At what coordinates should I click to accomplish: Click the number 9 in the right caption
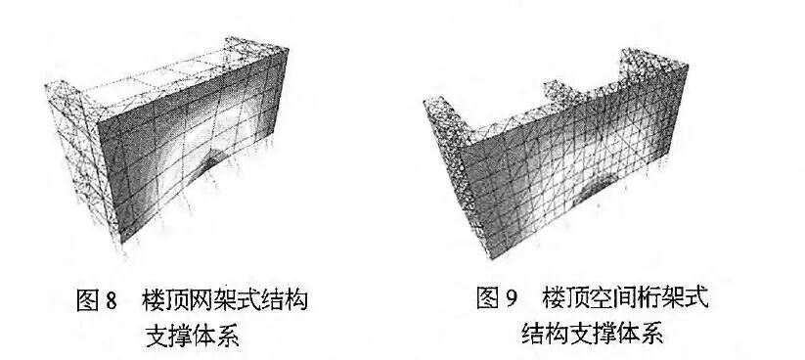point(509,297)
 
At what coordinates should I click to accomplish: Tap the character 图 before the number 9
point(486,297)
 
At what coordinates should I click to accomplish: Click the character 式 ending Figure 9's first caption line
point(694,297)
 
